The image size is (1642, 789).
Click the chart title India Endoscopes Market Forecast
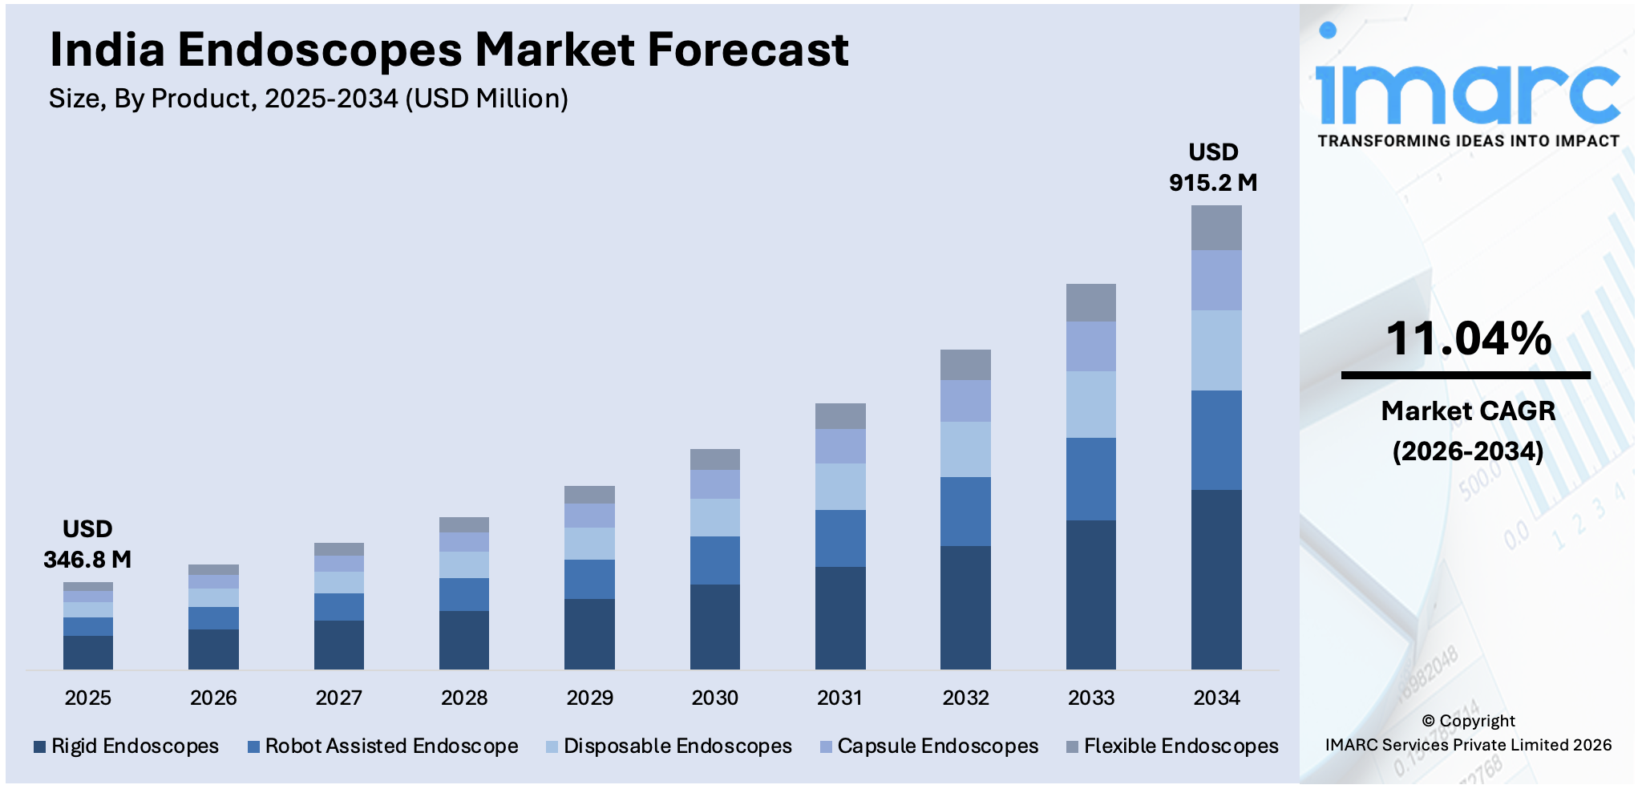click(x=449, y=50)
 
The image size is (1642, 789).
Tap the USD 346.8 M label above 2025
click(x=87, y=544)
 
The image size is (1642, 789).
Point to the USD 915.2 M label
click(x=1213, y=168)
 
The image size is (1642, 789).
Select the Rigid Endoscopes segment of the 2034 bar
click(x=1216, y=579)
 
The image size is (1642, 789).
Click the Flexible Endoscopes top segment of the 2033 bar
click(x=1090, y=303)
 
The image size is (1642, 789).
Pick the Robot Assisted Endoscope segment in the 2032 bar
click(x=965, y=512)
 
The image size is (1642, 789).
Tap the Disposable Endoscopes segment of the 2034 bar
click(x=1216, y=350)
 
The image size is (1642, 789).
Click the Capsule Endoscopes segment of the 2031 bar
click(x=840, y=446)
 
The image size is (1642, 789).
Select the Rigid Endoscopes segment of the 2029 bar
click(x=589, y=633)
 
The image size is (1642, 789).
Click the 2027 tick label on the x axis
click(x=338, y=698)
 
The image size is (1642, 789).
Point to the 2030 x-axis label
click(x=714, y=698)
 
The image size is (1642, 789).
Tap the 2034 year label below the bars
click(x=1216, y=698)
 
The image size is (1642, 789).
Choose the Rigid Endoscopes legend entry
click(x=126, y=746)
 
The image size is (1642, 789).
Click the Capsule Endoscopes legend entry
click(x=929, y=746)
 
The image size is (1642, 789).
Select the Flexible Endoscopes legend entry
click(x=1172, y=746)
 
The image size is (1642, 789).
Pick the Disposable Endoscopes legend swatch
click(x=552, y=747)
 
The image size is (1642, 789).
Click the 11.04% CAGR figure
click(x=1468, y=338)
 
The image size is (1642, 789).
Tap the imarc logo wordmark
click(x=1466, y=88)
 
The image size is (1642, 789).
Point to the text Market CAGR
click(x=1468, y=411)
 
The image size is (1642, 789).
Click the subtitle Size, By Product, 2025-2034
click(x=309, y=99)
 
